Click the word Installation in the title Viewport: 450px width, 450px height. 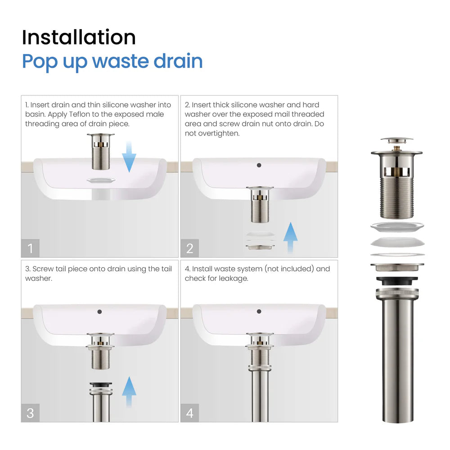click(x=79, y=37)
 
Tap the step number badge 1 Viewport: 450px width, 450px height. click(x=30, y=248)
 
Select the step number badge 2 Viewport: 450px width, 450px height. click(x=189, y=248)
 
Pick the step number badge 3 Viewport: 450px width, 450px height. click(x=30, y=413)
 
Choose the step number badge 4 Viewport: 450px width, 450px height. click(x=189, y=413)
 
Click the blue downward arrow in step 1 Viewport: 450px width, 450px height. click(x=129, y=156)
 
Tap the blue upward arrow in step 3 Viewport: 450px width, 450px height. click(x=129, y=391)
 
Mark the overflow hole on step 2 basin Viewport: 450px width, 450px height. click(x=259, y=165)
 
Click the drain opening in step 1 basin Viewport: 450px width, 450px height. click(x=101, y=180)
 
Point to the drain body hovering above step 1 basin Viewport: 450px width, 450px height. click(x=101, y=152)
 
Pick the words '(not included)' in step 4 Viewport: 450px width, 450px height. click(x=289, y=269)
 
